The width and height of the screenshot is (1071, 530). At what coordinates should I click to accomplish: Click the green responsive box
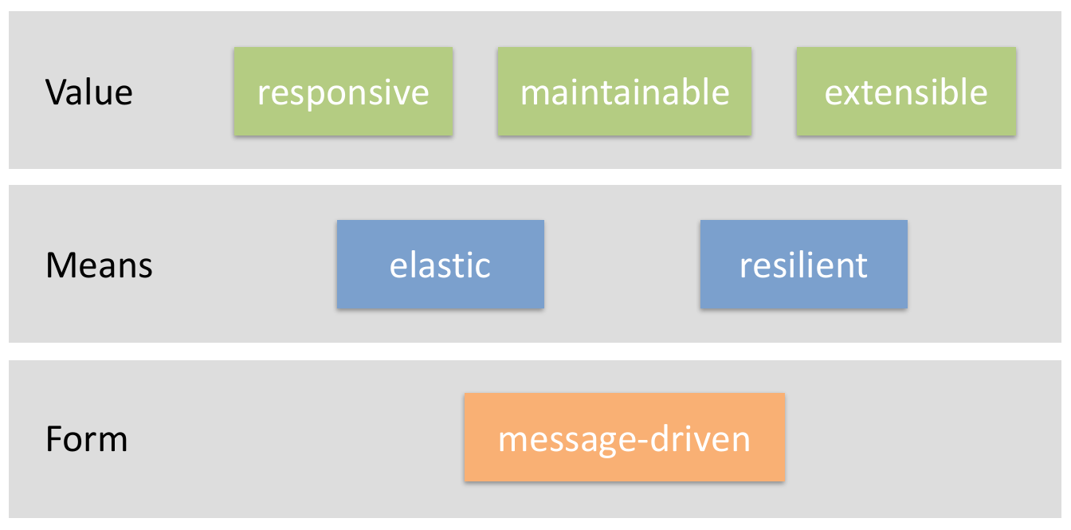[x=343, y=92]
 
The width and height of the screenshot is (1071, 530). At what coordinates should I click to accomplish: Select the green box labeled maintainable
[x=625, y=92]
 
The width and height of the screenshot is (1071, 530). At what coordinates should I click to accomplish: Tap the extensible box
[x=906, y=92]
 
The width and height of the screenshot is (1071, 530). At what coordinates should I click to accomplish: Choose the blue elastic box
[x=440, y=265]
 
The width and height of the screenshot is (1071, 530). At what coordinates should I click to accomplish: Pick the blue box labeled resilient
[x=803, y=265]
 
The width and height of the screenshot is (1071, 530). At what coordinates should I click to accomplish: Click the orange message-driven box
[x=624, y=438]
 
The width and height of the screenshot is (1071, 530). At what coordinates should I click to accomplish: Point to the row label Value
[x=88, y=92]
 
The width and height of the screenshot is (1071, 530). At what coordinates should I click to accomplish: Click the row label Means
[x=99, y=265]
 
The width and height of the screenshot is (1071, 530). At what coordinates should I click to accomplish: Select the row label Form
[x=86, y=438]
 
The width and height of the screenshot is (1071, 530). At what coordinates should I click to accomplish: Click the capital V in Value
[x=55, y=92]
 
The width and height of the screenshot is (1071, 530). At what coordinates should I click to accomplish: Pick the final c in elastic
[x=482, y=268]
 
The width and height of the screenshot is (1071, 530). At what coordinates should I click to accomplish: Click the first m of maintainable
[x=533, y=95]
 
